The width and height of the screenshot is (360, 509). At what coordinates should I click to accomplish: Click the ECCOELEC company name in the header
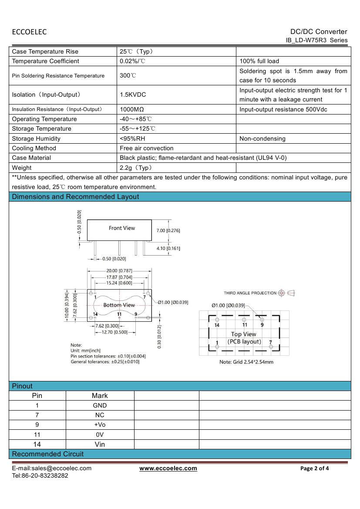(x=29, y=32)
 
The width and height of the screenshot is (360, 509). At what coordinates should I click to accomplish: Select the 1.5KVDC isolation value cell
(x=133, y=94)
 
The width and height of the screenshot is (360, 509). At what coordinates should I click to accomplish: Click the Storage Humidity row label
(x=36, y=138)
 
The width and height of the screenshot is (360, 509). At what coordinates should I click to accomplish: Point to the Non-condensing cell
(x=262, y=138)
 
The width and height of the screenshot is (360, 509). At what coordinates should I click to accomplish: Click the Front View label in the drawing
(x=122, y=228)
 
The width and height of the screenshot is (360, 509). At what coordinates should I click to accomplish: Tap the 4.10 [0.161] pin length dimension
(x=168, y=248)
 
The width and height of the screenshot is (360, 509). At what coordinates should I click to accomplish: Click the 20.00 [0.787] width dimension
(x=119, y=271)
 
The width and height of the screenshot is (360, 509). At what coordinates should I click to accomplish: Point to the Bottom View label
(x=119, y=305)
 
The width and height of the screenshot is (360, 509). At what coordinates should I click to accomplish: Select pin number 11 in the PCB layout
(x=245, y=325)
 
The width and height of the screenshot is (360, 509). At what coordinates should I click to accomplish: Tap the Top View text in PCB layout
(x=243, y=334)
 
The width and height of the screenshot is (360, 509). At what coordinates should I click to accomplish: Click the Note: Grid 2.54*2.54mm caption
(x=246, y=362)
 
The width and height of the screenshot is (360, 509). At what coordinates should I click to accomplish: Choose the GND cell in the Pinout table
(x=100, y=405)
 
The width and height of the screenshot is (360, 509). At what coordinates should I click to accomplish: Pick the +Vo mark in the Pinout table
(x=100, y=425)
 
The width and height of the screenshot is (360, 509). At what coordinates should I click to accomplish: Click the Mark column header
(x=100, y=396)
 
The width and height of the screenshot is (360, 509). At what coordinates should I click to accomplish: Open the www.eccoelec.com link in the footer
(x=168, y=469)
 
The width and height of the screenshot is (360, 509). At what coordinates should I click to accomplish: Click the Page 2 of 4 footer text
(x=315, y=469)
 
